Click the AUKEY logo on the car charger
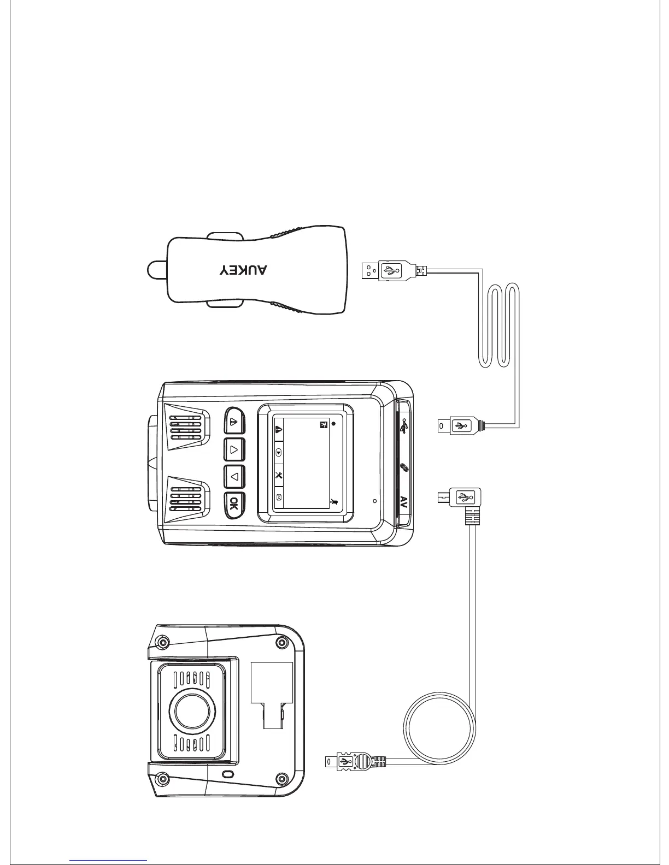(244, 270)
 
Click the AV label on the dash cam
(404, 502)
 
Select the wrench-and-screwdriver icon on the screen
(279, 475)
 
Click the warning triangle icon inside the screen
(279, 429)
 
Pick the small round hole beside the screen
(374, 500)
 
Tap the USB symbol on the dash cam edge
(404, 426)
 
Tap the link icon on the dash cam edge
(404, 467)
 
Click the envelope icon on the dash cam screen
(279, 497)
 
